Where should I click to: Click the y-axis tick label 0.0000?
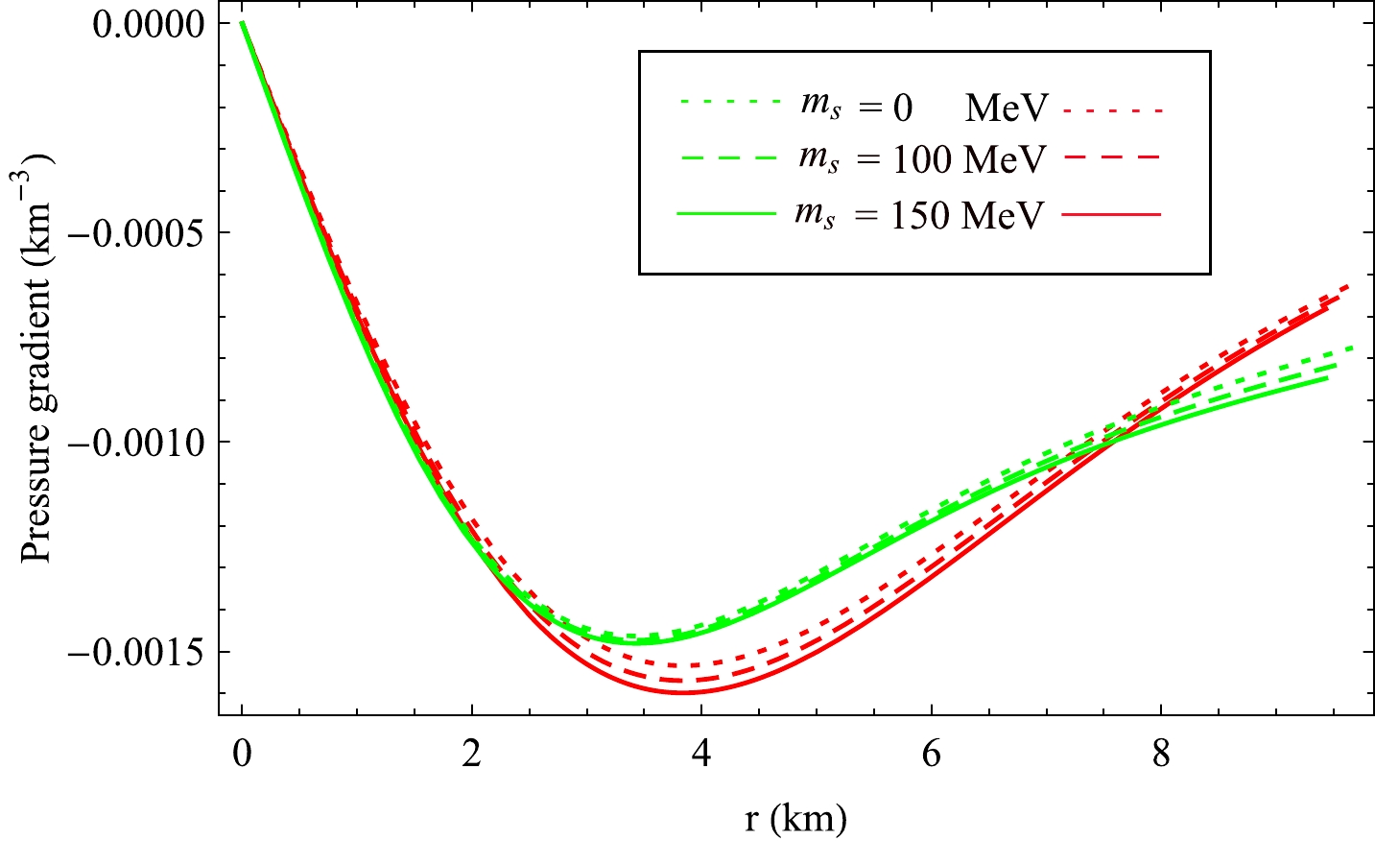pos(148,23)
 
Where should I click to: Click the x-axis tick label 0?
pos(242,755)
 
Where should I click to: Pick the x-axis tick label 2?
pos(471,755)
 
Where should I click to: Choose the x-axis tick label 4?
pos(701,755)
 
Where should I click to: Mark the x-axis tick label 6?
pos(931,755)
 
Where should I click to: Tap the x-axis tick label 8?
pos(1161,755)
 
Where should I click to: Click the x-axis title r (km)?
pos(795,818)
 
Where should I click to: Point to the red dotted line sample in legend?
pos(1112,110)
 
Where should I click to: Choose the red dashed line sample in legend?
pos(1112,157)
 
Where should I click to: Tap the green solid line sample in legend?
pos(726,214)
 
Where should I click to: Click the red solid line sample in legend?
pos(1112,214)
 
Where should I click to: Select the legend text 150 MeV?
pos(966,214)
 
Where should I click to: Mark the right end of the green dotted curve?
pos(1352,348)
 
